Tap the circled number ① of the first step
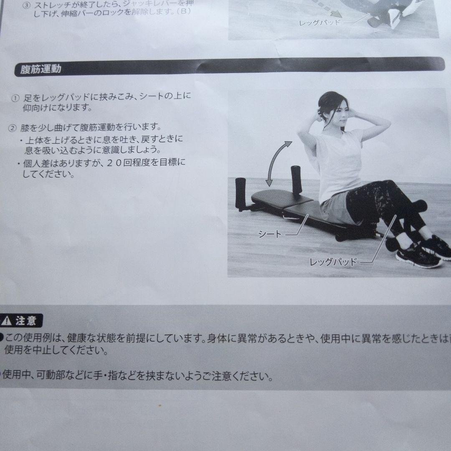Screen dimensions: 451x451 tap(15, 98)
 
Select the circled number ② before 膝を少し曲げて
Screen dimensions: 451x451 tap(13, 128)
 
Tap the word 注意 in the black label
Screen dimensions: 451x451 tap(26, 321)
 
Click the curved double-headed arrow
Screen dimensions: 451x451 tap(278, 163)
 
